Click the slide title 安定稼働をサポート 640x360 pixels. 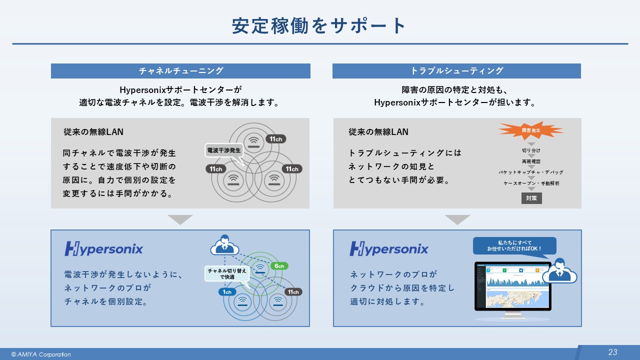[319, 26]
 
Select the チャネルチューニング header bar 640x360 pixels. [180, 71]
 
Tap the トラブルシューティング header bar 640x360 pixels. [456, 71]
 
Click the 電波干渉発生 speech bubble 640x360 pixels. [223, 150]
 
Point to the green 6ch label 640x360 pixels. [279, 266]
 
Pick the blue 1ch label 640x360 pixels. [226, 291]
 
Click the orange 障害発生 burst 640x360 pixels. [530, 130]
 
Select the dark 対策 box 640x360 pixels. [531, 198]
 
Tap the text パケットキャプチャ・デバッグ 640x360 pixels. [531, 172]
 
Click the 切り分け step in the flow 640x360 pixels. [531, 150]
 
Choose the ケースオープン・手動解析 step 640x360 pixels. [531, 183]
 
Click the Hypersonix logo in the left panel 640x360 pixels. [104, 248]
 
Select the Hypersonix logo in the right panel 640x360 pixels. [389, 248]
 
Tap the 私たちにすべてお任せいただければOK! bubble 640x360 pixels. [514, 245]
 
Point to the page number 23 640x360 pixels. [612, 352]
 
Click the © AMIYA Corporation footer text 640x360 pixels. [41, 354]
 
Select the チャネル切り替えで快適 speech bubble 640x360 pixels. [227, 273]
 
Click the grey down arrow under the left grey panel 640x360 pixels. [180, 219]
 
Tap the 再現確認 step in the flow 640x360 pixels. [531, 161]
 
